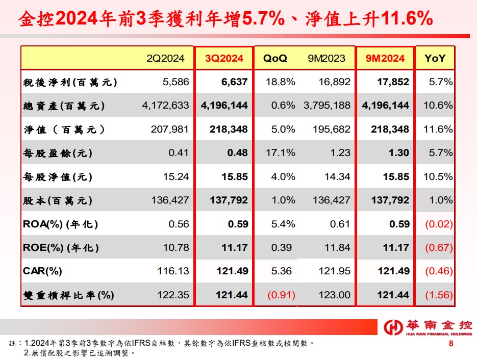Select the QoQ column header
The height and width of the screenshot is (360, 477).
(x=275, y=59)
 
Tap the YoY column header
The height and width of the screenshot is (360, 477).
(x=435, y=59)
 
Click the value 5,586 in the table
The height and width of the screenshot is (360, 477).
(x=175, y=82)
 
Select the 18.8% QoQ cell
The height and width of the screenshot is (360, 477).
(x=281, y=82)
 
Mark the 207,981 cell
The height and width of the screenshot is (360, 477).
(x=170, y=130)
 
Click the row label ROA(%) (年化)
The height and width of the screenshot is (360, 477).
(x=60, y=224)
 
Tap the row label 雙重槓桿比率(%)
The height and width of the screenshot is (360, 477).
(x=68, y=295)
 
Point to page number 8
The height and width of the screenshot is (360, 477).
(x=451, y=343)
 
